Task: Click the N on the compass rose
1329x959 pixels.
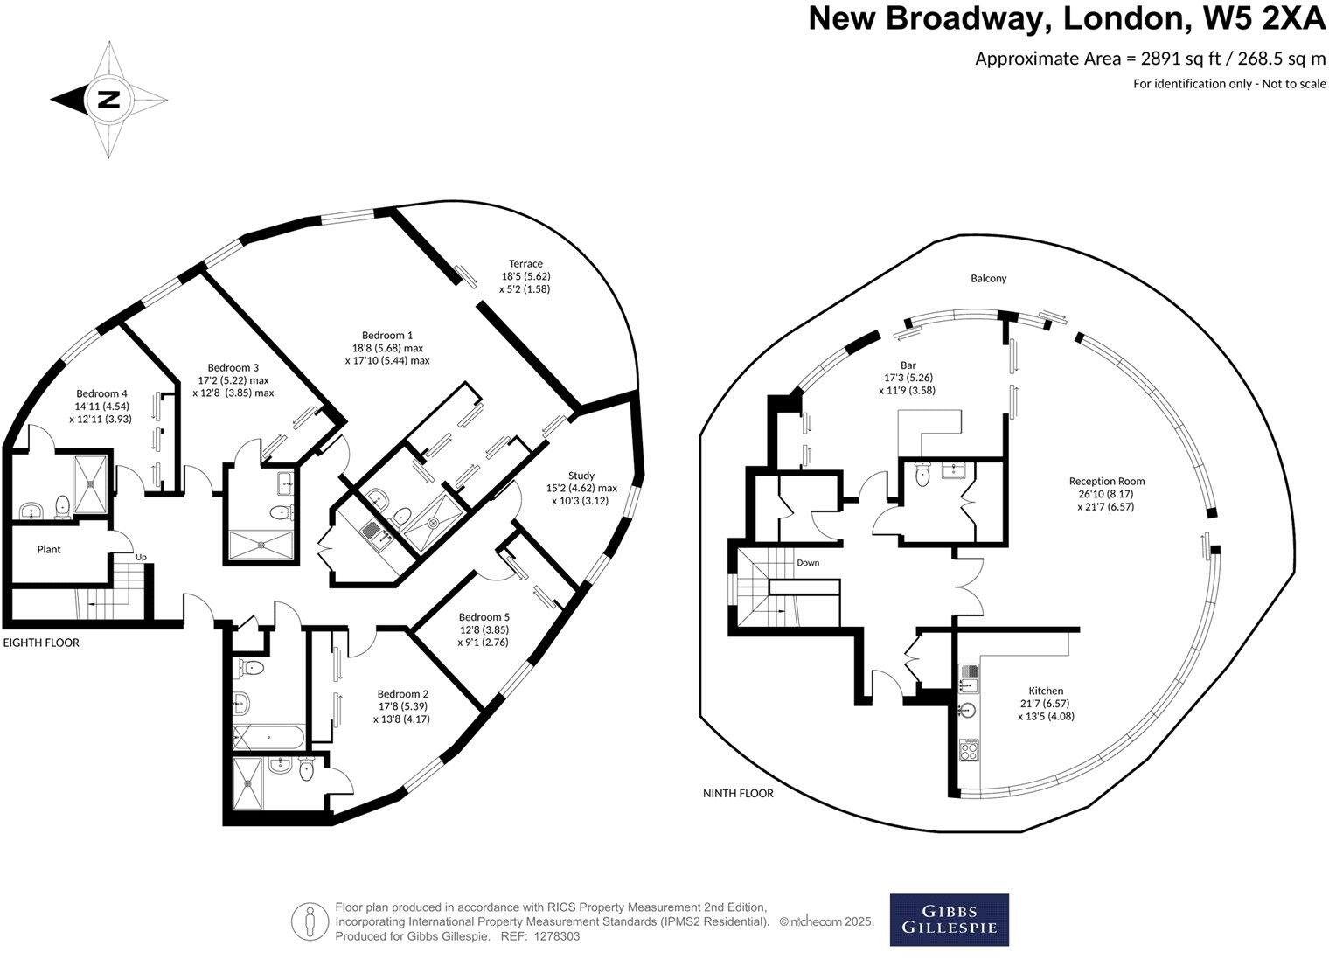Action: tap(108, 99)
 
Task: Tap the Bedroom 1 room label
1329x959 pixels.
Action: tap(387, 335)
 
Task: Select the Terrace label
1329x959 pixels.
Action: tap(525, 263)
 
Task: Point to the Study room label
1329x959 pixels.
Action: tap(581, 476)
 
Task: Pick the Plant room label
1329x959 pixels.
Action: tap(49, 550)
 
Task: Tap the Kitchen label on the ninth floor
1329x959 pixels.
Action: tap(1046, 691)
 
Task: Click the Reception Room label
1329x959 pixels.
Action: tap(1106, 481)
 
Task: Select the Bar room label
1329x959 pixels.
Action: tap(908, 365)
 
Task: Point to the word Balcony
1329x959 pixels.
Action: tap(988, 278)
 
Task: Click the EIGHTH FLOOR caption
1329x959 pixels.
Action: tap(41, 643)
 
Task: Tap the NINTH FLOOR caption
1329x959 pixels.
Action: tap(738, 794)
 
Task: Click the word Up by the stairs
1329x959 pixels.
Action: tap(140, 557)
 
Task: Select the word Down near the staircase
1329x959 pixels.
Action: tap(808, 563)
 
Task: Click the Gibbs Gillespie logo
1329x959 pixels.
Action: tap(949, 920)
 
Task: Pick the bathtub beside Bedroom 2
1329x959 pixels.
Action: tap(268, 736)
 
